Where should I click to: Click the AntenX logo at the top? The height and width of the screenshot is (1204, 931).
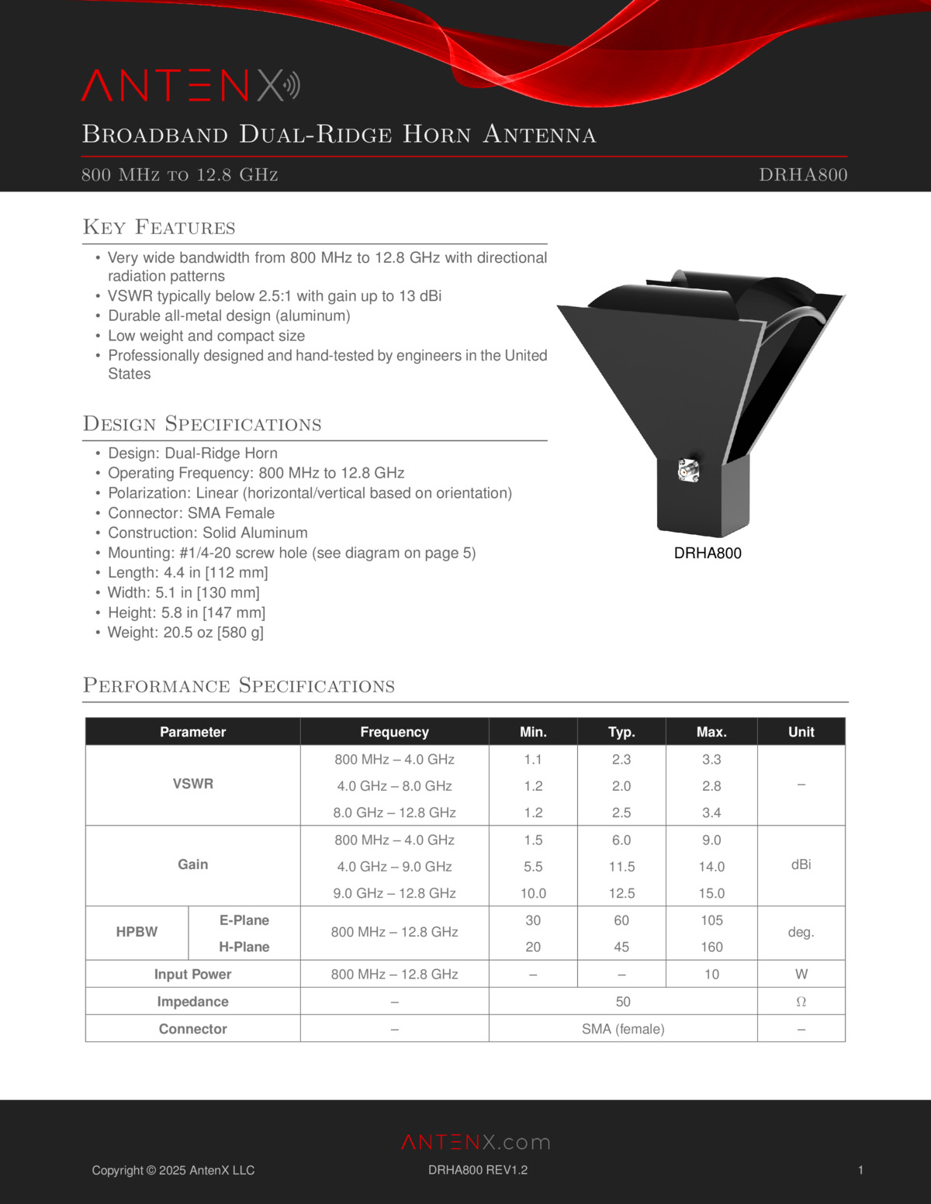(x=190, y=86)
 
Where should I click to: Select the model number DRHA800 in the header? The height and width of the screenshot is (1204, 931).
(x=803, y=174)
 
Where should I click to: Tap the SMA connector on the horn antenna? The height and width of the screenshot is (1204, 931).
(x=688, y=470)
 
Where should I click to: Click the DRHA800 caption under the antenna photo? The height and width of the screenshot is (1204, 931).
(x=708, y=553)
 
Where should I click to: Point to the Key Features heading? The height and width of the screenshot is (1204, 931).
(x=159, y=227)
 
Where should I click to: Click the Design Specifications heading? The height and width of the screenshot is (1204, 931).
(x=202, y=424)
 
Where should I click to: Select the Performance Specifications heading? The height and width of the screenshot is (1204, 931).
(x=239, y=685)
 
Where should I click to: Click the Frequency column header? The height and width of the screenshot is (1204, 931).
(x=394, y=732)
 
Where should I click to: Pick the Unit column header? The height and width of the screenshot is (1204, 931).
(x=801, y=732)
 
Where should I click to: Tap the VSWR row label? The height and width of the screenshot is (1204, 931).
(x=192, y=784)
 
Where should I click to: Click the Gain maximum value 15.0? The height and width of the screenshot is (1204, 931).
(x=711, y=893)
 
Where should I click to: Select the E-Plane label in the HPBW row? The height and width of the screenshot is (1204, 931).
(x=244, y=920)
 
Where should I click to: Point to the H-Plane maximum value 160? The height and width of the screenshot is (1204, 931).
(x=711, y=947)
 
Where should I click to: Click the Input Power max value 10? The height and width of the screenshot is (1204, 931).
(x=711, y=975)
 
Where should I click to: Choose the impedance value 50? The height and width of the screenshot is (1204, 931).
(x=623, y=1002)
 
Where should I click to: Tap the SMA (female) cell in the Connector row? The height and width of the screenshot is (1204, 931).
(x=623, y=1029)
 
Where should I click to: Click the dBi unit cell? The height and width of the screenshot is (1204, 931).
(x=801, y=864)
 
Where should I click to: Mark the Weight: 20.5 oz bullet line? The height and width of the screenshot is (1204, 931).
(x=185, y=632)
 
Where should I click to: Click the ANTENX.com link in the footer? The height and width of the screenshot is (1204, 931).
(x=476, y=1142)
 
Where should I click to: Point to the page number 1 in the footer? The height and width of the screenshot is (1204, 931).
(x=860, y=1170)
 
